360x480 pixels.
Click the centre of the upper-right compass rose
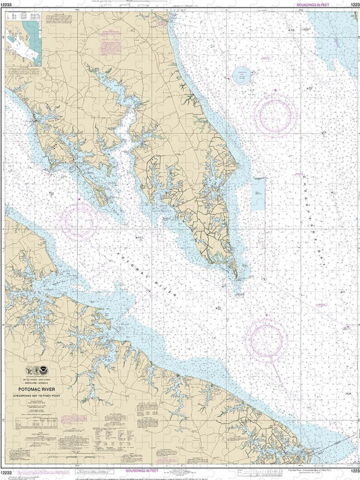(x=276, y=115)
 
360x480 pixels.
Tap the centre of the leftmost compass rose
(x=79, y=222)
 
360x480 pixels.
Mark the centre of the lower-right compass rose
(x=266, y=340)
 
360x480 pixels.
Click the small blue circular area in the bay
(x=241, y=75)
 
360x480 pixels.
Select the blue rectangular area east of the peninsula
(x=258, y=193)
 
